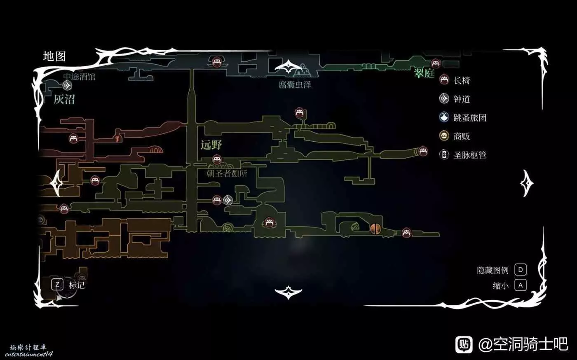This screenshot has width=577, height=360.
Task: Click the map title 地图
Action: tap(54, 56)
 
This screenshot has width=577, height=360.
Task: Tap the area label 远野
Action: tap(211, 145)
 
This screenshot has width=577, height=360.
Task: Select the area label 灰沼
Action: tap(64, 99)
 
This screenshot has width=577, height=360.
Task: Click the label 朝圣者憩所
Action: tap(227, 173)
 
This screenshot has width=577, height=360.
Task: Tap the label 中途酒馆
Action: tap(79, 77)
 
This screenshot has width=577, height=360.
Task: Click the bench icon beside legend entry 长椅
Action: tap(444, 80)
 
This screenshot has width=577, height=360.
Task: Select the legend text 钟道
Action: tap(462, 99)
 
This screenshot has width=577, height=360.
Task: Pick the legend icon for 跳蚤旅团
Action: tap(444, 117)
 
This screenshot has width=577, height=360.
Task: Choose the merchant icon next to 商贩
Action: tap(444, 136)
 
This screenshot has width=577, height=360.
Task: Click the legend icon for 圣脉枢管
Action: tap(444, 155)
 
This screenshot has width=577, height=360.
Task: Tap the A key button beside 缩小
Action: tap(521, 285)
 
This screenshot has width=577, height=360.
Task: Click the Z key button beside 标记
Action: tap(57, 284)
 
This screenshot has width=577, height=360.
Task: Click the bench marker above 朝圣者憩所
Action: tap(217, 160)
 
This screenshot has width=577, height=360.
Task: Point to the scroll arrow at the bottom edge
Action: tap(288, 292)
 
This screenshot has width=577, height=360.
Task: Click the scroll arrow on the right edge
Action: tap(526, 184)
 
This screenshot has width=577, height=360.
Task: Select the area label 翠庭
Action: tap(424, 74)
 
